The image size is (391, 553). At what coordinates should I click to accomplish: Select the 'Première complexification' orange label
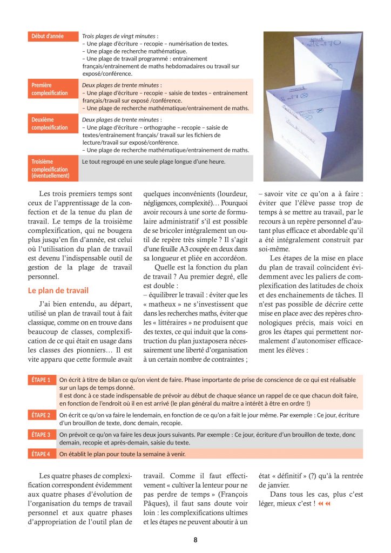[x=50, y=89]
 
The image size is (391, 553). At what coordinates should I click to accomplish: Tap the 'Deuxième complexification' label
[x=50, y=124]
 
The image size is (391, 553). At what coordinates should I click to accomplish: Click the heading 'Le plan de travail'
[x=58, y=291]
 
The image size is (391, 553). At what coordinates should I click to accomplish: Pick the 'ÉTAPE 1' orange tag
[x=41, y=380]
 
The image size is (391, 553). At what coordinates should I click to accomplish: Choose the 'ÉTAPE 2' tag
[x=41, y=415]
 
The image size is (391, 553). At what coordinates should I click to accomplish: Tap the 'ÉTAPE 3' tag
[x=41, y=435]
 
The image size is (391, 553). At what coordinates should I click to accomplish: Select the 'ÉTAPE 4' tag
[x=41, y=454]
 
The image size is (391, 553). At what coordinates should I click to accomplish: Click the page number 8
[x=195, y=539]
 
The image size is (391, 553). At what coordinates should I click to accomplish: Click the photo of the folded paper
[x=313, y=106]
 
